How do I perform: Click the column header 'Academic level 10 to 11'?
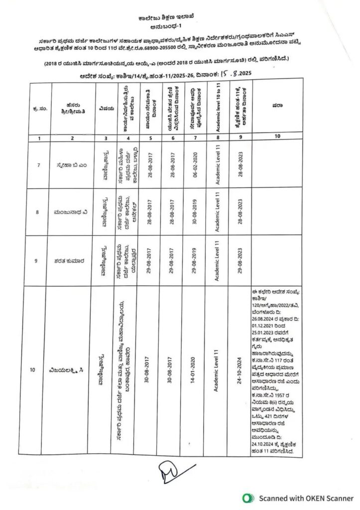pyautogui.click(x=217, y=108)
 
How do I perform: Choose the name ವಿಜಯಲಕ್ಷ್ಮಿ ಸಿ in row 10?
pyautogui.click(x=72, y=370)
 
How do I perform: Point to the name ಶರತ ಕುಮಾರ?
pyautogui.click(x=72, y=260)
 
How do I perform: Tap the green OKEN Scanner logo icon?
pyautogui.click(x=247, y=498)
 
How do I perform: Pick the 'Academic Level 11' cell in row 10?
pyautogui.click(x=217, y=370)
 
